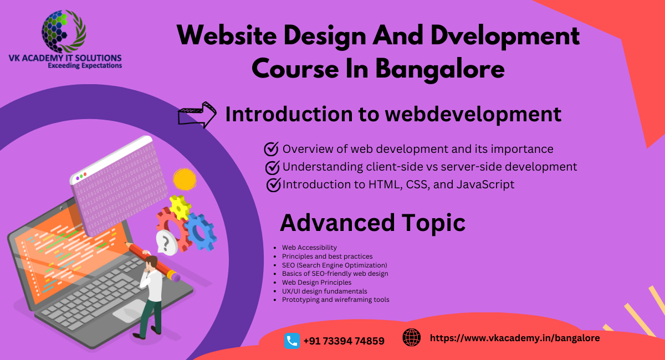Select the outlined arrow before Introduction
197,115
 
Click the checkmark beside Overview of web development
271,149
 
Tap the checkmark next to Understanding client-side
272,167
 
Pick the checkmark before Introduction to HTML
273,184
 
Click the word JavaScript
485,184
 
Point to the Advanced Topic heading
372,223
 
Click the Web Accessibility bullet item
309,248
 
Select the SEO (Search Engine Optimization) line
334,265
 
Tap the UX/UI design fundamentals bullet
324,291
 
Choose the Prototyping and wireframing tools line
335,300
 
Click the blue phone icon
292,341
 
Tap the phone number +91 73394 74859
344,341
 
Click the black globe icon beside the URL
411,337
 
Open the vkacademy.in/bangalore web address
515,337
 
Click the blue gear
200,232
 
